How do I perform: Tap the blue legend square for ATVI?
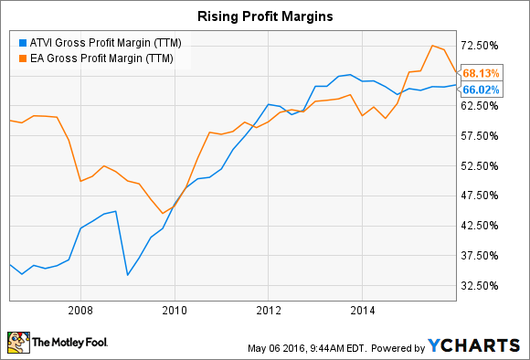coord(22,41)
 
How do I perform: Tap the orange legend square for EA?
coord(22,58)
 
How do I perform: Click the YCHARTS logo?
coord(477,345)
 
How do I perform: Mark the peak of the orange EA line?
coord(432,46)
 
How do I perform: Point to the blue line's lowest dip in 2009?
coord(128,275)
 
